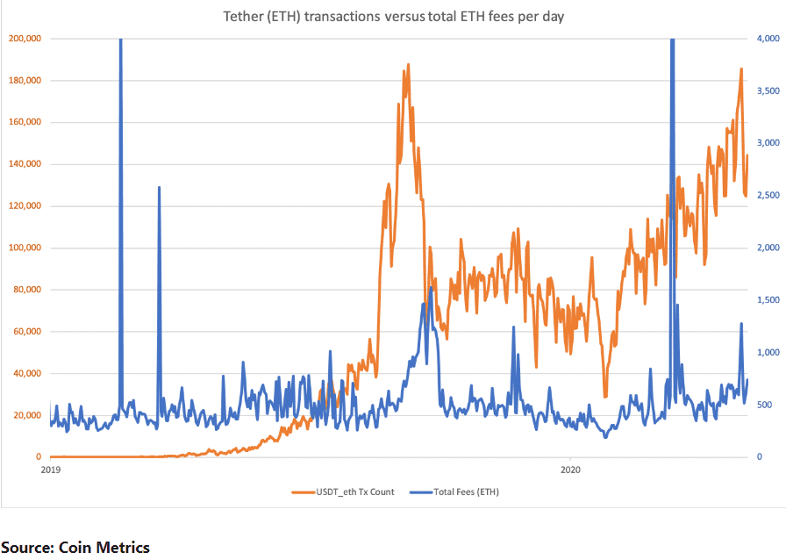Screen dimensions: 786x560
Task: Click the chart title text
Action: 394,17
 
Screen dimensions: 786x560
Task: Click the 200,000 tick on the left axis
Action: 25,38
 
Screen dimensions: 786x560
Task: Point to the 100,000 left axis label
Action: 25,248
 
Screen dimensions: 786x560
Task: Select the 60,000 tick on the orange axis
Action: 27,331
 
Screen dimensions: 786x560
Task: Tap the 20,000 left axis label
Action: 27,415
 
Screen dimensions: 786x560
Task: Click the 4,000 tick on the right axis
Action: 768,38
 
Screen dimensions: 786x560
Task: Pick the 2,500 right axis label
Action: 768,195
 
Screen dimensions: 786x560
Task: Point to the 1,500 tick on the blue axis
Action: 768,299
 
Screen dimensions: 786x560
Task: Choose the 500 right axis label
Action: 764,405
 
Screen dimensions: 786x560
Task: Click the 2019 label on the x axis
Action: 50,470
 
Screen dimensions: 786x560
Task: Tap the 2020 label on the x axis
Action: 570,470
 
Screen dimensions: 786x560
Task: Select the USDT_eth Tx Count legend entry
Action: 343,492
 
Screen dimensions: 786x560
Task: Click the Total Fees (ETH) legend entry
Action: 454,492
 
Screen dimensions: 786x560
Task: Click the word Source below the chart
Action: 27,547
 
